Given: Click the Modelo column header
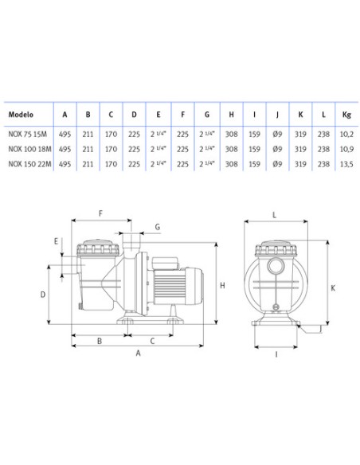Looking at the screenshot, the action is [21, 115].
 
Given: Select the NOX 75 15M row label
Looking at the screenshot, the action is [28, 134].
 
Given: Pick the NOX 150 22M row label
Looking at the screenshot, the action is [29, 164].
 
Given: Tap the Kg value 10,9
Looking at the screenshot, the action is [346, 149].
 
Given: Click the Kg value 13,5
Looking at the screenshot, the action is [346, 164].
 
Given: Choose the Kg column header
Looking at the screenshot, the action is [346, 115].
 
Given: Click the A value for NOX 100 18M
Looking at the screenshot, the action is [65, 149].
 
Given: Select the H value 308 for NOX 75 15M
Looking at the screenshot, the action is [231, 134].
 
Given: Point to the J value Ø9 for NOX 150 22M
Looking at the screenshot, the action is [277, 164].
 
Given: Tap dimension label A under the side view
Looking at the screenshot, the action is [138, 353].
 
